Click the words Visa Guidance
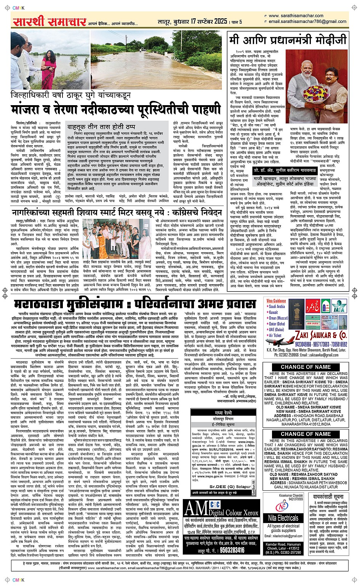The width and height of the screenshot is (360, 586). click(x=277, y=301)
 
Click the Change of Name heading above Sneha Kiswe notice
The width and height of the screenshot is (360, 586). click(x=306, y=367)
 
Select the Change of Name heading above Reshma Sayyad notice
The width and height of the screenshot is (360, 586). click(x=306, y=434)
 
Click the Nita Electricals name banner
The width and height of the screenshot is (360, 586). click(x=283, y=518)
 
